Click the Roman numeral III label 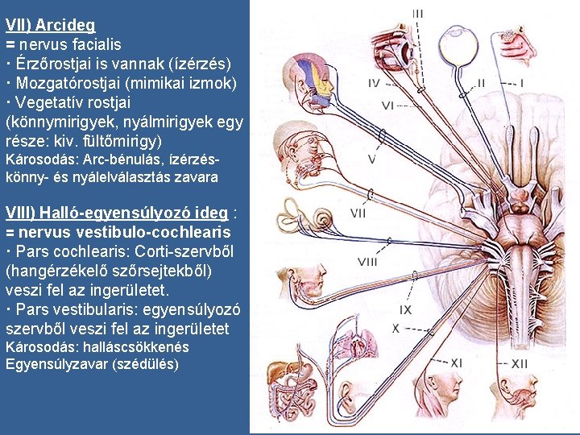point(418,13)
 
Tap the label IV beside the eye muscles point(375,83)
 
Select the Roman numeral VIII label point(367,261)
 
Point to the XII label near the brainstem point(520,364)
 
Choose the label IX point(406,309)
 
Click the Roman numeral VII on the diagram point(358,213)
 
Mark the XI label point(456,363)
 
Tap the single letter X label point(396,328)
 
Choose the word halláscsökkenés point(138,348)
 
